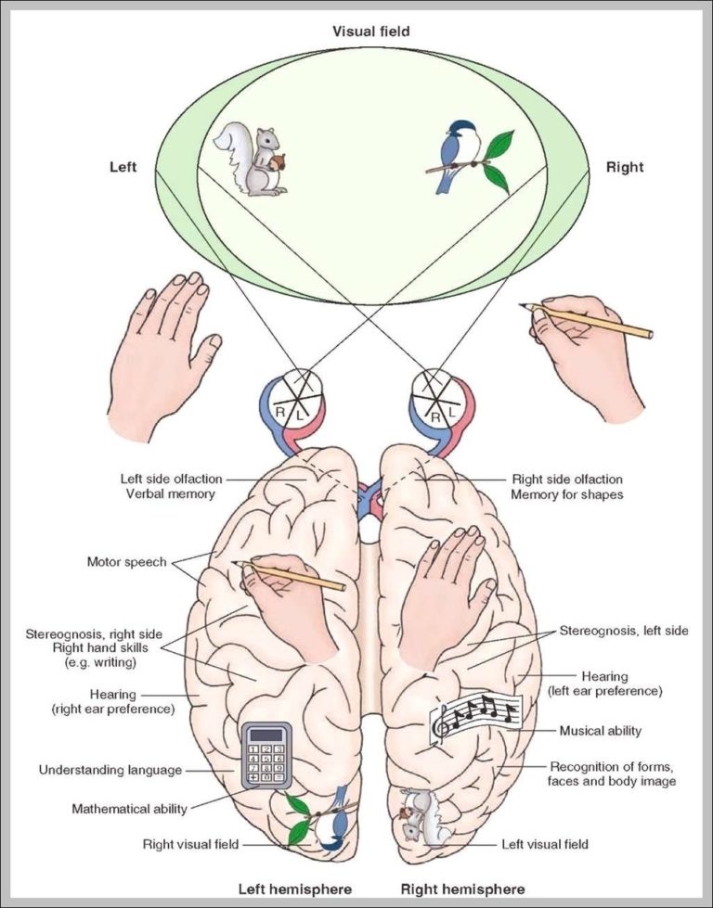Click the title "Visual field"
(x=370, y=32)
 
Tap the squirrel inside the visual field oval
(x=252, y=160)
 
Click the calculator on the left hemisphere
(x=266, y=755)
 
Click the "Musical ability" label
(x=600, y=731)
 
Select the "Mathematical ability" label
(x=129, y=809)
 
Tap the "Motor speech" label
(x=127, y=561)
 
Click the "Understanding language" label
(x=110, y=770)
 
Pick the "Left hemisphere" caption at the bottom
(x=295, y=889)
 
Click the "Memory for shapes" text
(x=566, y=494)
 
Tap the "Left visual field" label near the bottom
(x=545, y=844)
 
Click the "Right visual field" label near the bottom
(x=190, y=844)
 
